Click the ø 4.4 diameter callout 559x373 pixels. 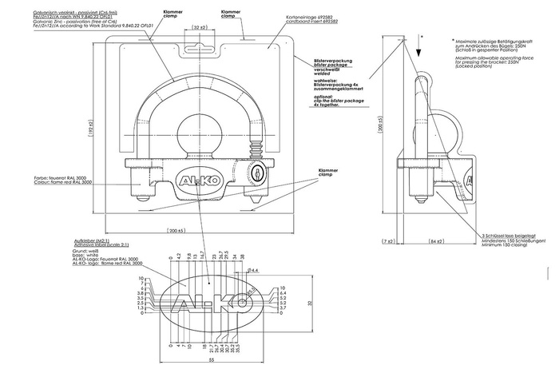click(x=254, y=270)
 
